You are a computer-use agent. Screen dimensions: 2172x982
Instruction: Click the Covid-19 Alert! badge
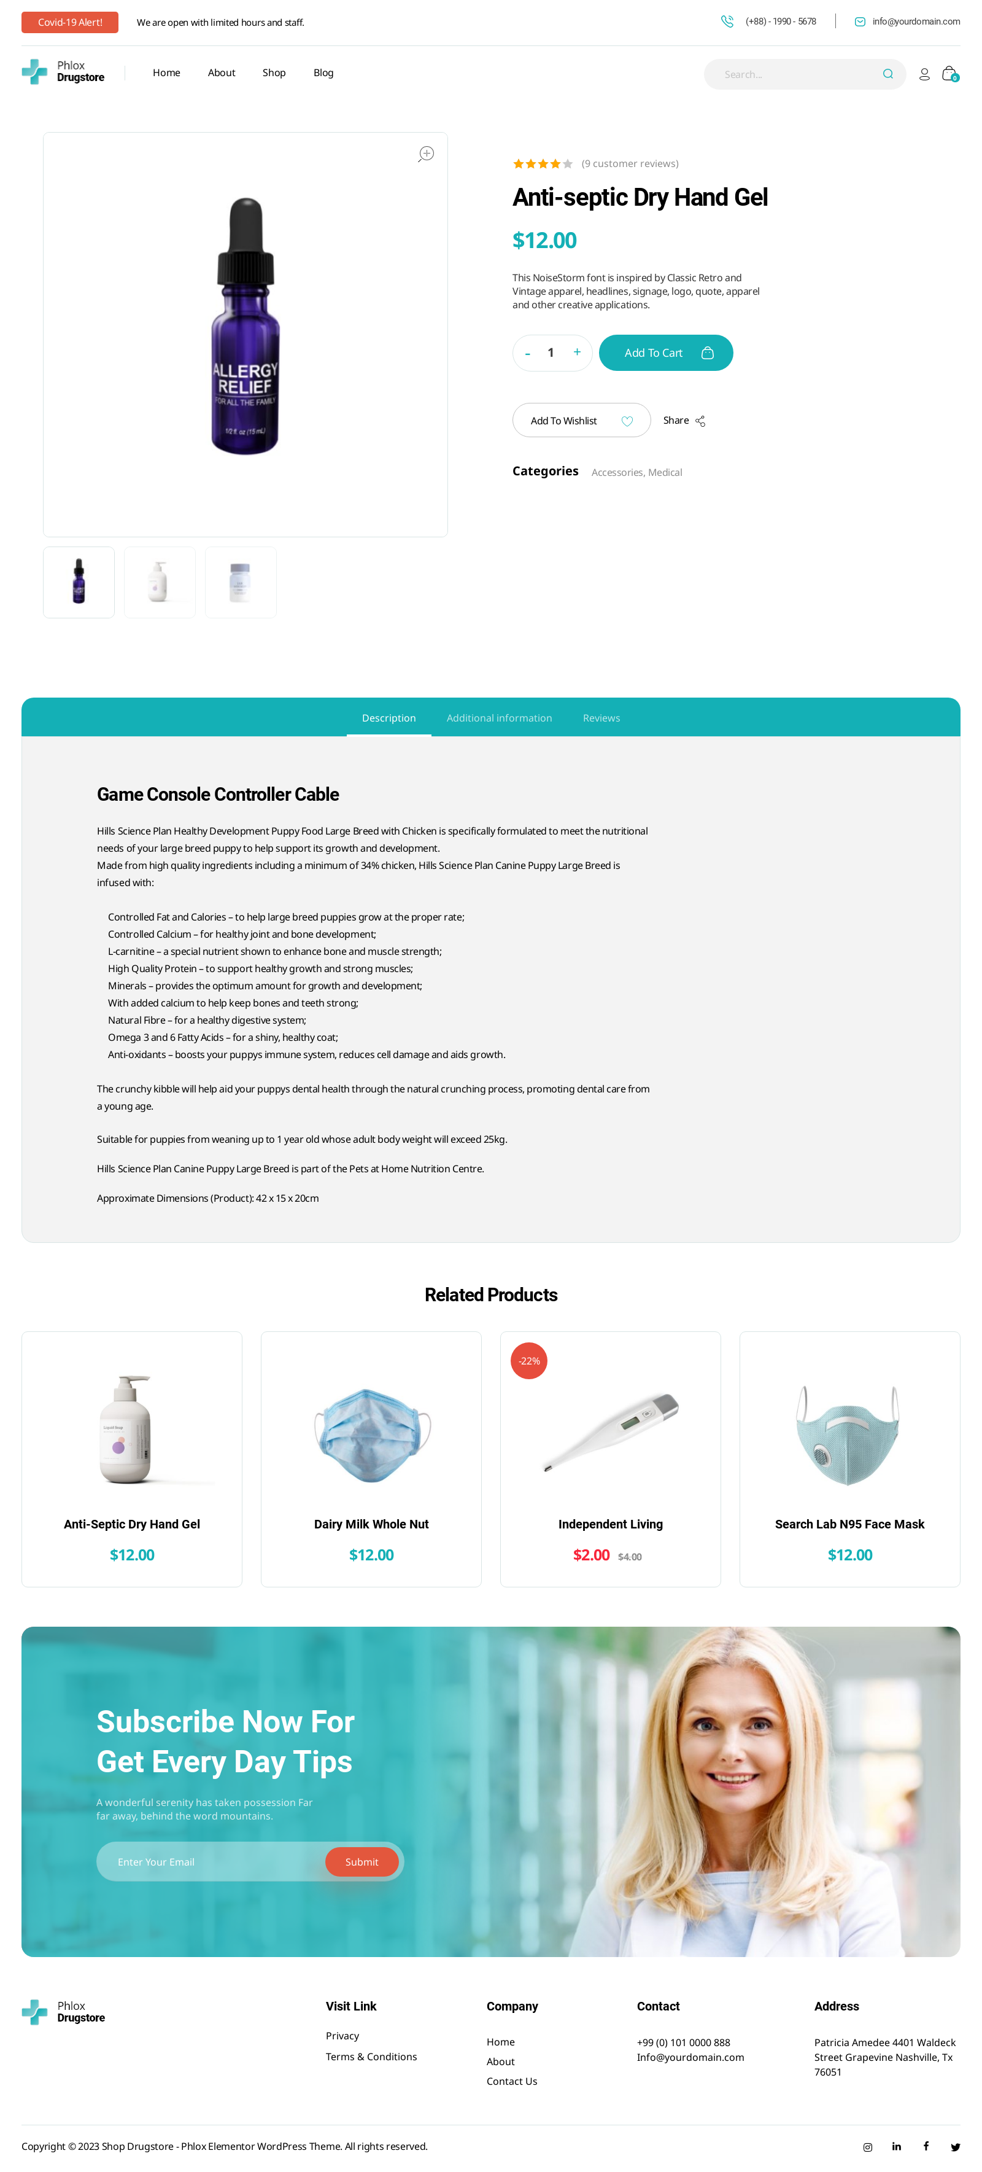tap(70, 23)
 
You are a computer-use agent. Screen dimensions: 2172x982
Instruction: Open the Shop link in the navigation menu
tap(274, 73)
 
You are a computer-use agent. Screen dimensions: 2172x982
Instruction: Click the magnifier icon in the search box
tap(887, 74)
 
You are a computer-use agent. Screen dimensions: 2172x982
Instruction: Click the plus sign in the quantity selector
tap(578, 352)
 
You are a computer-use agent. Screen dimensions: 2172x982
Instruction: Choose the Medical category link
tap(665, 473)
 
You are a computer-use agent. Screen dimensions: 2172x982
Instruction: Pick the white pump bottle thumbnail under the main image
tap(160, 582)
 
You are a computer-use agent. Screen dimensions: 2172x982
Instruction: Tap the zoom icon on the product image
tap(427, 154)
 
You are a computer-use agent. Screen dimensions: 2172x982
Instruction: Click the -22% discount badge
tap(529, 1361)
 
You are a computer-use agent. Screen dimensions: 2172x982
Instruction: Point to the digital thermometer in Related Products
tap(610, 1431)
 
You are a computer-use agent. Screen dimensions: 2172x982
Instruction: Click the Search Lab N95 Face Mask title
tap(849, 1524)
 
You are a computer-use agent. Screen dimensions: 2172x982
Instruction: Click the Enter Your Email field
tap(211, 1862)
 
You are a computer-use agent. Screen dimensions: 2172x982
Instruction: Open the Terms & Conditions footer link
tap(371, 2057)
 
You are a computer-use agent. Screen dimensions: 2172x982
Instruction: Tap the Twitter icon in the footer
tap(955, 2147)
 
